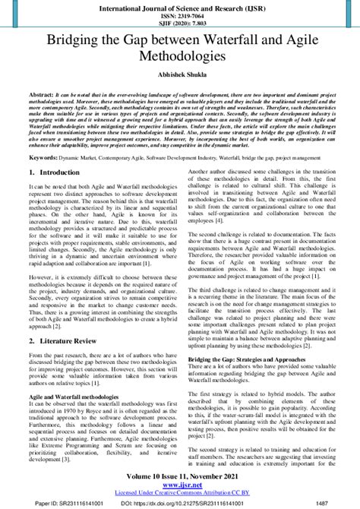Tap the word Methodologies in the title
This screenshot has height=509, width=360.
[x=180, y=57]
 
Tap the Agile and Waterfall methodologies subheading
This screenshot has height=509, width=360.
[x=74, y=397]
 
